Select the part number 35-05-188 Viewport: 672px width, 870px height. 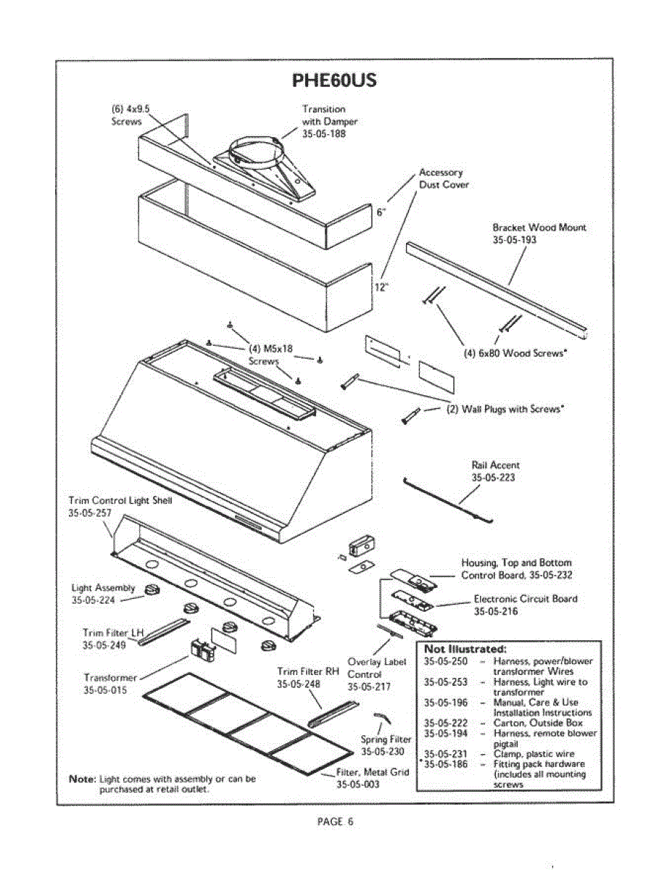pyautogui.click(x=323, y=134)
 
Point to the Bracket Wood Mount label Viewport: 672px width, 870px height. pyautogui.click(x=539, y=227)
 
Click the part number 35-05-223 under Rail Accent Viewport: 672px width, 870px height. pyautogui.click(x=493, y=478)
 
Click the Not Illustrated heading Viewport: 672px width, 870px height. pyautogui.click(x=465, y=648)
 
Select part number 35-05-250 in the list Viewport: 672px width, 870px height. pyautogui.click(x=445, y=661)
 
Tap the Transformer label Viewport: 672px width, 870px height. pyautogui.click(x=110, y=677)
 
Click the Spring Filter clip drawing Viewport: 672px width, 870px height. pyautogui.click(x=381, y=718)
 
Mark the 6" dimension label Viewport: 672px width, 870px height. pyautogui.click(x=381, y=212)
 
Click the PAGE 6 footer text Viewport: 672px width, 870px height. pyautogui.click(x=335, y=821)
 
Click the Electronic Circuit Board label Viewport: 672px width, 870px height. pyautogui.click(x=526, y=599)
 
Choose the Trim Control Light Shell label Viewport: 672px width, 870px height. pyautogui.click(x=120, y=500)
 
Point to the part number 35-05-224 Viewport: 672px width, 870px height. pyautogui.click(x=93, y=600)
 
